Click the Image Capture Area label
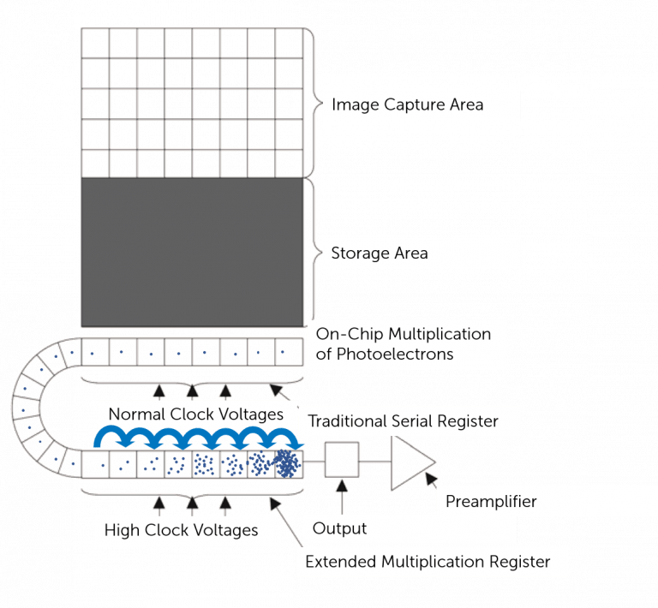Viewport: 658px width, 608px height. (x=407, y=105)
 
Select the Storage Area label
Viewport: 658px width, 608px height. (x=379, y=253)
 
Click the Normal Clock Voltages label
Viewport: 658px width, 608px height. (x=195, y=414)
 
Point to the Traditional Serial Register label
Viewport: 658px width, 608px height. (x=403, y=421)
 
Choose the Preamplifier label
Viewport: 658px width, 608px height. (x=491, y=502)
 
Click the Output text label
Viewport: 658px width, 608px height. (x=339, y=528)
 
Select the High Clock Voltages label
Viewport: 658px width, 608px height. (x=181, y=530)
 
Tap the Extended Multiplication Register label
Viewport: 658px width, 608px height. (x=428, y=563)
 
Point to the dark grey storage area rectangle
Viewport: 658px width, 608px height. (x=191, y=252)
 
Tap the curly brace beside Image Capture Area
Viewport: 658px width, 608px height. (x=314, y=103)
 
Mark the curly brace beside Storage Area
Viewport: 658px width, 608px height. (x=314, y=253)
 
